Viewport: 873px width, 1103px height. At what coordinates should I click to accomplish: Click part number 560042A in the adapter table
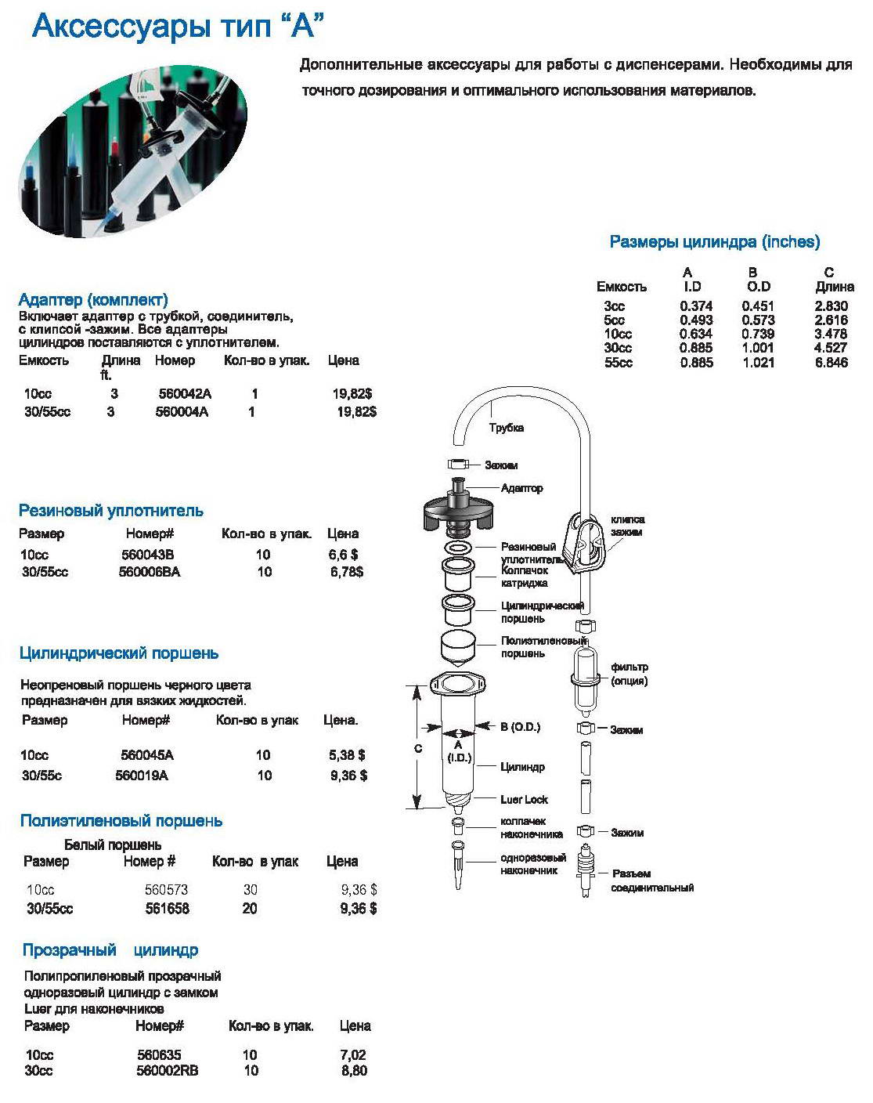(x=185, y=394)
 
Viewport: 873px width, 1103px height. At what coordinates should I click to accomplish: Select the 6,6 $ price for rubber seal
(x=344, y=555)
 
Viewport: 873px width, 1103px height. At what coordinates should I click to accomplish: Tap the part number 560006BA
(x=150, y=572)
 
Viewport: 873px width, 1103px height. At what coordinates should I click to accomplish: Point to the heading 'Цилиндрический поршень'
(x=118, y=653)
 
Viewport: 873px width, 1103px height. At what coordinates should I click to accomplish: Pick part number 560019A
(x=142, y=776)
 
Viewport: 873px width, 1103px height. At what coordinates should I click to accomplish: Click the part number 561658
(x=167, y=909)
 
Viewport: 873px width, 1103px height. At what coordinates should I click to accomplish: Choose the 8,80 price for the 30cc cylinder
(x=354, y=1071)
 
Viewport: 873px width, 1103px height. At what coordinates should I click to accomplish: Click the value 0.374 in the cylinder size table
(x=696, y=306)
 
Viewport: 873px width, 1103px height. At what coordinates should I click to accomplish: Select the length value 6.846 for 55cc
(x=832, y=363)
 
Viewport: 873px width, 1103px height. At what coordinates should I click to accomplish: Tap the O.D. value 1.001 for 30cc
(x=758, y=348)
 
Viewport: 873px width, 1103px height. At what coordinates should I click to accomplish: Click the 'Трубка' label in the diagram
(x=506, y=428)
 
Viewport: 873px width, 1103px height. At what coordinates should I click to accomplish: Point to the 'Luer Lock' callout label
(x=524, y=800)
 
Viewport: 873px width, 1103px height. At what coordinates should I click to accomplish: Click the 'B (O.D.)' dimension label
(x=520, y=727)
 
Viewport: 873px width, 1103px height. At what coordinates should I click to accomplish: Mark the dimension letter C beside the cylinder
(x=418, y=749)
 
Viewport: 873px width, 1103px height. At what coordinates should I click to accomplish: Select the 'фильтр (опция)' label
(x=629, y=674)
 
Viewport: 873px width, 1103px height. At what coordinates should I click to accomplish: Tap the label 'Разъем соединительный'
(x=651, y=881)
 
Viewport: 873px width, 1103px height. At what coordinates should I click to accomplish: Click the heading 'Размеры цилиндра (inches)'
(x=714, y=242)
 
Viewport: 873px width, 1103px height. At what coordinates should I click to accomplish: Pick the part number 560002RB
(x=167, y=1071)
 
